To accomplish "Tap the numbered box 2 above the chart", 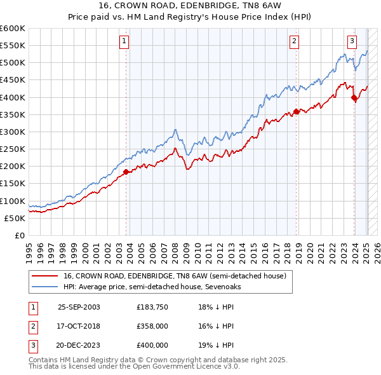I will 295,41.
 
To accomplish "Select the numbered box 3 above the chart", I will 352,41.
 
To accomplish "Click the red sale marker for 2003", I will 126,172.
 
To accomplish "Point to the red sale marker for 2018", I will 296,111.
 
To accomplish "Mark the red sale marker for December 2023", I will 354,97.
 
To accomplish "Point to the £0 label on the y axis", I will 20,235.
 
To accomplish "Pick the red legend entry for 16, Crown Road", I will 175,276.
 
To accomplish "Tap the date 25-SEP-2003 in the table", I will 79,307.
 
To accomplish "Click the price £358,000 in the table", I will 152,326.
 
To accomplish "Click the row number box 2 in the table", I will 32,326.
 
